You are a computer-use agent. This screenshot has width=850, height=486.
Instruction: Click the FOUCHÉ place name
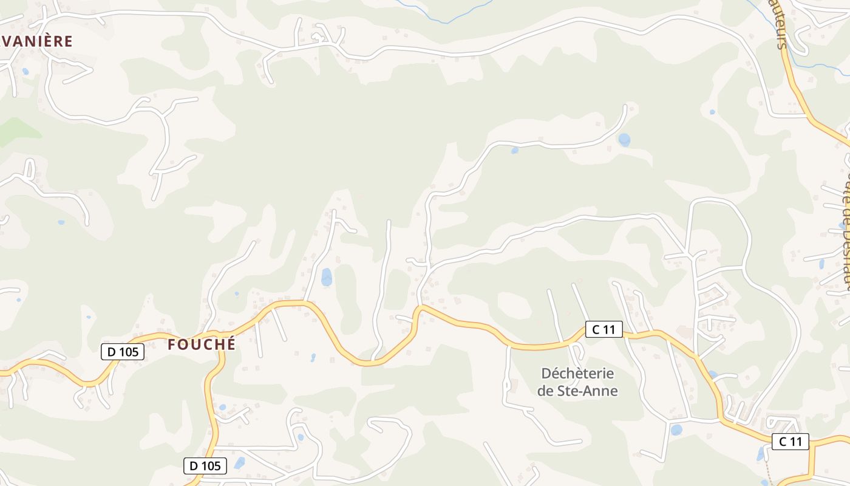click(x=202, y=344)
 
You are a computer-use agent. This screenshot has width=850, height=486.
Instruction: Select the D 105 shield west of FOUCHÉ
click(x=123, y=352)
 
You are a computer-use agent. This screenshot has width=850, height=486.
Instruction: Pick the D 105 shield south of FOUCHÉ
click(x=205, y=466)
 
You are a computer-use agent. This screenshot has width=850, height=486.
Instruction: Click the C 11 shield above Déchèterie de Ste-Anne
click(x=604, y=330)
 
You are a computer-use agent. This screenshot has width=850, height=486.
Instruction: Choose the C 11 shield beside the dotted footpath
click(x=790, y=442)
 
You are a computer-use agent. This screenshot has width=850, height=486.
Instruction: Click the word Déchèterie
click(x=577, y=373)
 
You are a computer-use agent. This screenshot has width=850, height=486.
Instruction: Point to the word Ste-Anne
click(x=587, y=391)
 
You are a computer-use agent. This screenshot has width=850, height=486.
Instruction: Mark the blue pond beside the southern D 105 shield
click(x=239, y=463)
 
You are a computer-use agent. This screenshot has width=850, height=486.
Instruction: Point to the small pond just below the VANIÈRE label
click(x=25, y=71)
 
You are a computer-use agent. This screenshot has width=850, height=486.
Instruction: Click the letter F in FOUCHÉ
click(x=172, y=344)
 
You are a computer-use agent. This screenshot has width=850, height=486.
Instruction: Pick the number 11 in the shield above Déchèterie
click(x=610, y=330)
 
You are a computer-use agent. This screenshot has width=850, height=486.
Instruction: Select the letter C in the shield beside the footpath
click(x=783, y=442)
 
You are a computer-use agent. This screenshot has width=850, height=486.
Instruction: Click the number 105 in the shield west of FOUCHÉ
click(x=129, y=352)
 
